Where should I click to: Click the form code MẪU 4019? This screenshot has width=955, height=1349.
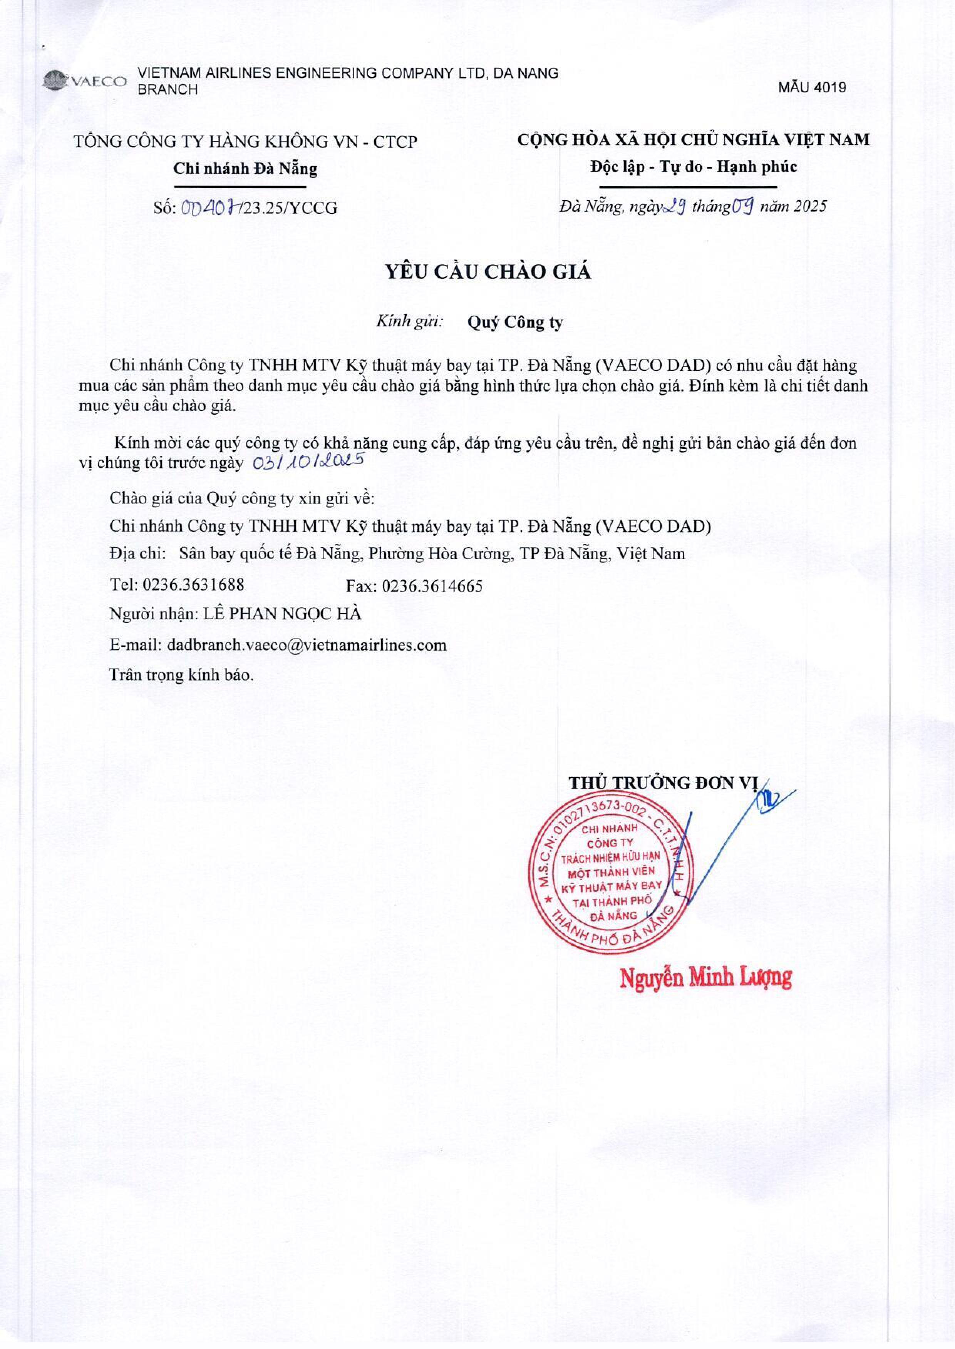click(x=812, y=88)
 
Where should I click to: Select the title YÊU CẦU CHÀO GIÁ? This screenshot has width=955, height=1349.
click(x=488, y=272)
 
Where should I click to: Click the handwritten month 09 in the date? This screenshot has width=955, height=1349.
click(x=743, y=206)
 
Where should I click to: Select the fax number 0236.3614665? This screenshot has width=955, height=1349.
click(x=432, y=586)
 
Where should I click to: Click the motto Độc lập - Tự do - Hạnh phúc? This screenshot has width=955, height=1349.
click(x=693, y=167)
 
